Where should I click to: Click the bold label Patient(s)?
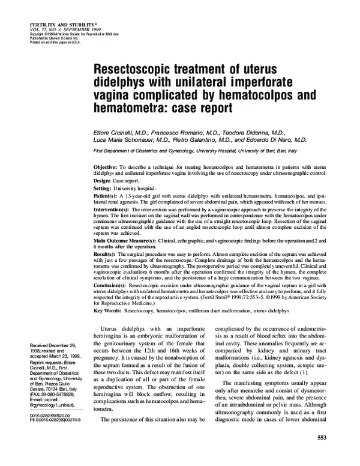(108, 196)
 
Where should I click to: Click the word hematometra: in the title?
(136, 108)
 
